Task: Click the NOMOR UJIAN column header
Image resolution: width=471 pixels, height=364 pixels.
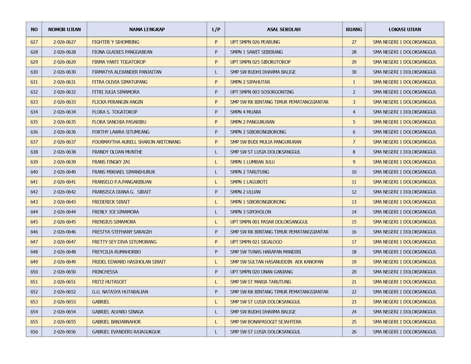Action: [x=64, y=29]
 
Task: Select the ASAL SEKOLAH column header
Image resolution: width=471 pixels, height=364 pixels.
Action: [x=283, y=29]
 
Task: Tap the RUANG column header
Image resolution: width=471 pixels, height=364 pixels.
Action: [x=354, y=29]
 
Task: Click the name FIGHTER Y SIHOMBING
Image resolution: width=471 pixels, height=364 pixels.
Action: [x=116, y=42]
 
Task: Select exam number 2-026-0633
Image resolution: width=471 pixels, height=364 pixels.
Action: [x=65, y=102]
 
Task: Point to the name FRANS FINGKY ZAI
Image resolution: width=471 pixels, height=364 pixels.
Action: [x=111, y=162]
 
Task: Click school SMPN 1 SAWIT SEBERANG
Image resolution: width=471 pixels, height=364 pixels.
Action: [x=256, y=52]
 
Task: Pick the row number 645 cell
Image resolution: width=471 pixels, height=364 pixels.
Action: [x=34, y=222]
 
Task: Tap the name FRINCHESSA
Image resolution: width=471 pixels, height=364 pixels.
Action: [x=105, y=272]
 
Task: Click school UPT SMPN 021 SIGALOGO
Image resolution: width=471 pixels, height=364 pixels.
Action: [x=256, y=242]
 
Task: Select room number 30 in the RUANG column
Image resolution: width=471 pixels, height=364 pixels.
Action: [x=354, y=72]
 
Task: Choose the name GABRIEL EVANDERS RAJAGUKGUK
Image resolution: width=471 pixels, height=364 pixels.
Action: [x=126, y=332]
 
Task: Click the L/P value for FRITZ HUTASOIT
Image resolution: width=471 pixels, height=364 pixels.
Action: [x=216, y=282]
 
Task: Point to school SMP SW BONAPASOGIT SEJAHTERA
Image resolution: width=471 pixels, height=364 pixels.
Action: [x=265, y=322]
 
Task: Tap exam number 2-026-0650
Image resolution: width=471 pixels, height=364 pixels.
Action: [x=65, y=272]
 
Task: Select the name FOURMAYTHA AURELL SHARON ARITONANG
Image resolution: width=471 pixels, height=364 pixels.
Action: [x=136, y=142]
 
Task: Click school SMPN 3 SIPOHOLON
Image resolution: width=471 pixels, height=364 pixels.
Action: [x=251, y=212]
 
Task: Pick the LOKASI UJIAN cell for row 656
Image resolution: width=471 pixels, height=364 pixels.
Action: [x=404, y=332]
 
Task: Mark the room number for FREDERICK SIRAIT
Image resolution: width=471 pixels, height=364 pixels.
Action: [x=354, y=202]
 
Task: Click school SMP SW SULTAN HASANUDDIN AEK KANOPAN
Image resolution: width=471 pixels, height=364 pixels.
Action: [x=277, y=262]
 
